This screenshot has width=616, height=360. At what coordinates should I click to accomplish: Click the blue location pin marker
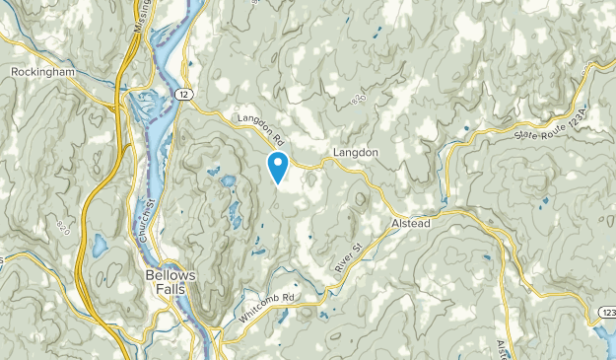[x=278, y=167]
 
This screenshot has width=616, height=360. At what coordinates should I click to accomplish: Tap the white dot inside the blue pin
[x=278, y=162]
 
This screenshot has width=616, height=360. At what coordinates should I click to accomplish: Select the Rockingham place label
[x=44, y=72]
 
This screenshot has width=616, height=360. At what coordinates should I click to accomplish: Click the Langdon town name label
[x=356, y=153]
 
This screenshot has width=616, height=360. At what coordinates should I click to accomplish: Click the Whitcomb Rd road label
[x=266, y=308]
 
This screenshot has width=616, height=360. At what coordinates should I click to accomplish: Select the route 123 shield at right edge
[x=606, y=313]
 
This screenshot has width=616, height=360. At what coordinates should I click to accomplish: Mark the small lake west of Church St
[x=100, y=243]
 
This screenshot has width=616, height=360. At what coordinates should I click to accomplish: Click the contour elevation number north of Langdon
[x=356, y=99]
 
